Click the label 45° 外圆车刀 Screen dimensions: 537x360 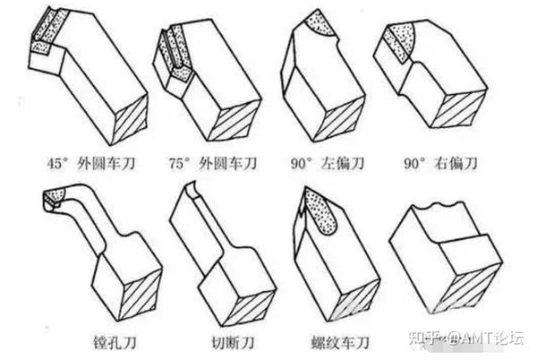coord(91,164)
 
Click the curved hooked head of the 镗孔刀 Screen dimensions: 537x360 coord(55,199)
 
